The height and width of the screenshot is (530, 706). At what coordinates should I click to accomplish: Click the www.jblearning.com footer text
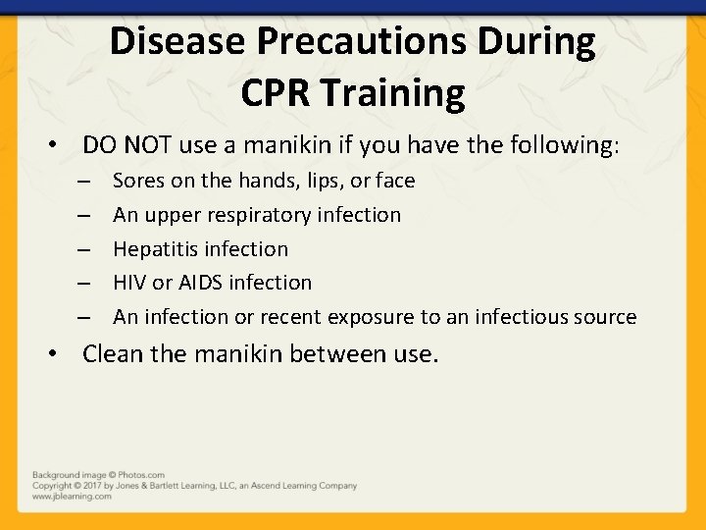click(x=72, y=497)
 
